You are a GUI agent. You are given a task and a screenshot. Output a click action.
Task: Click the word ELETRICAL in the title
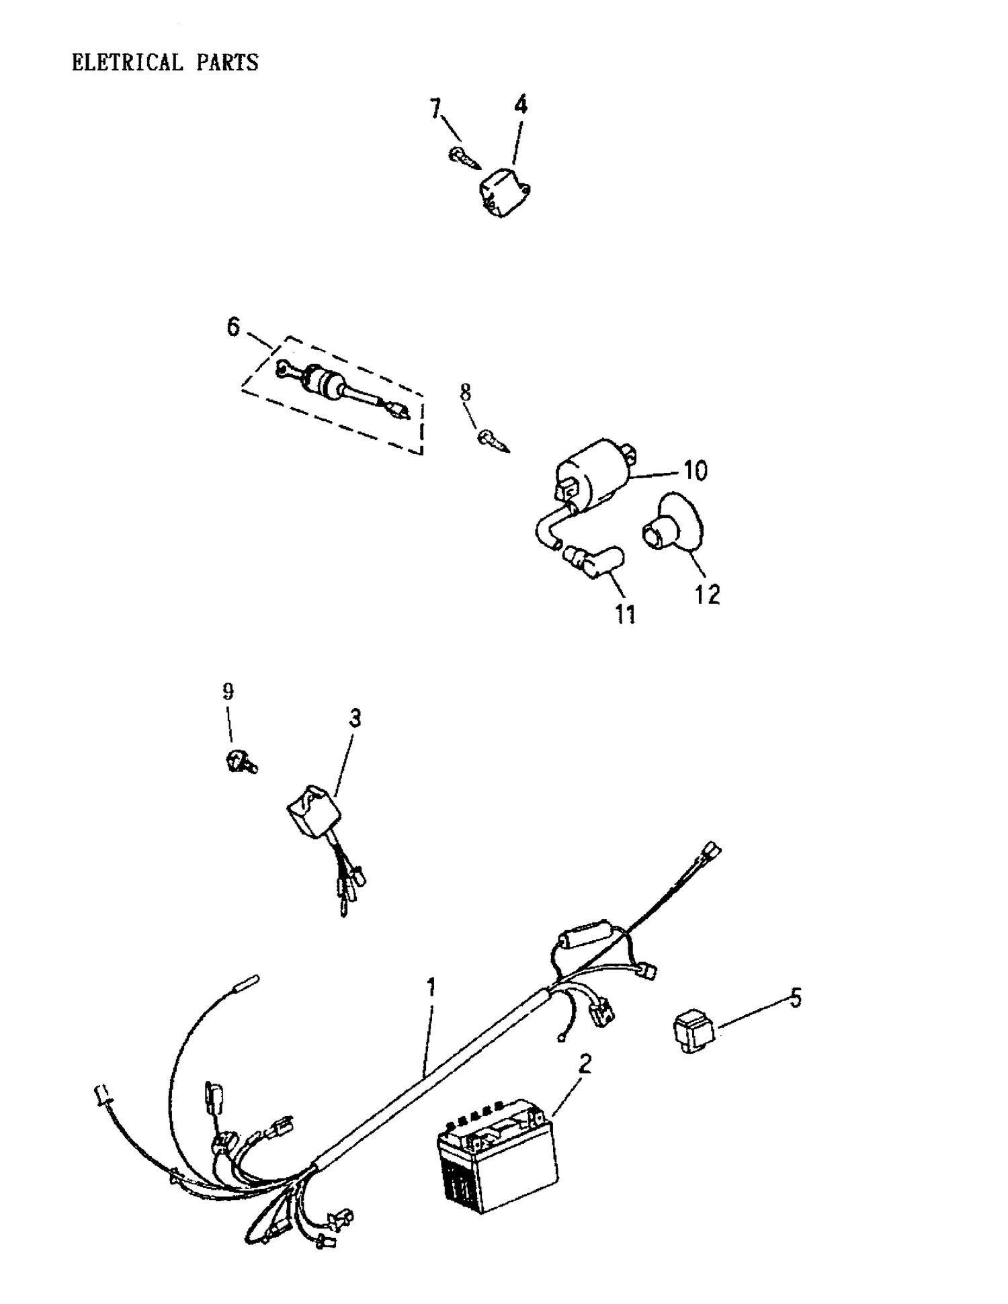[127, 62]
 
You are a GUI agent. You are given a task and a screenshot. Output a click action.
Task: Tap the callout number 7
[436, 107]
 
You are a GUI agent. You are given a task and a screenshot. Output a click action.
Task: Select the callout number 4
[521, 104]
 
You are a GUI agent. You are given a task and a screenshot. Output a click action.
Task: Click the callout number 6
[233, 327]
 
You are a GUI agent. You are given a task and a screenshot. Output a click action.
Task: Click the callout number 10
[695, 471]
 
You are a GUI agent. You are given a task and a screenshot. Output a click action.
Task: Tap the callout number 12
[707, 594]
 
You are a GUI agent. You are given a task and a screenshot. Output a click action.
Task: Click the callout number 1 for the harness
[431, 987]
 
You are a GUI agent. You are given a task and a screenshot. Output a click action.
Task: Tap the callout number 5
[795, 998]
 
